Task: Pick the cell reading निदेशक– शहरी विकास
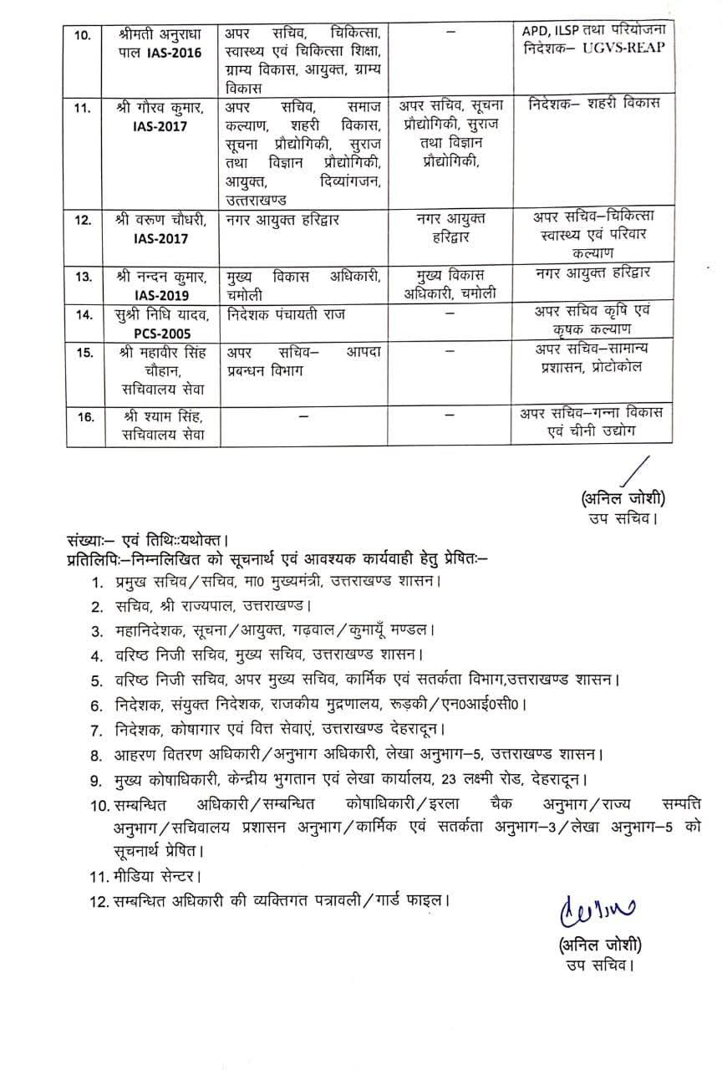pyautogui.click(x=595, y=104)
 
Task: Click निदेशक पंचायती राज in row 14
pyautogui.click(x=284, y=315)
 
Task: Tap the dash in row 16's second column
pyautogui.click(x=304, y=413)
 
